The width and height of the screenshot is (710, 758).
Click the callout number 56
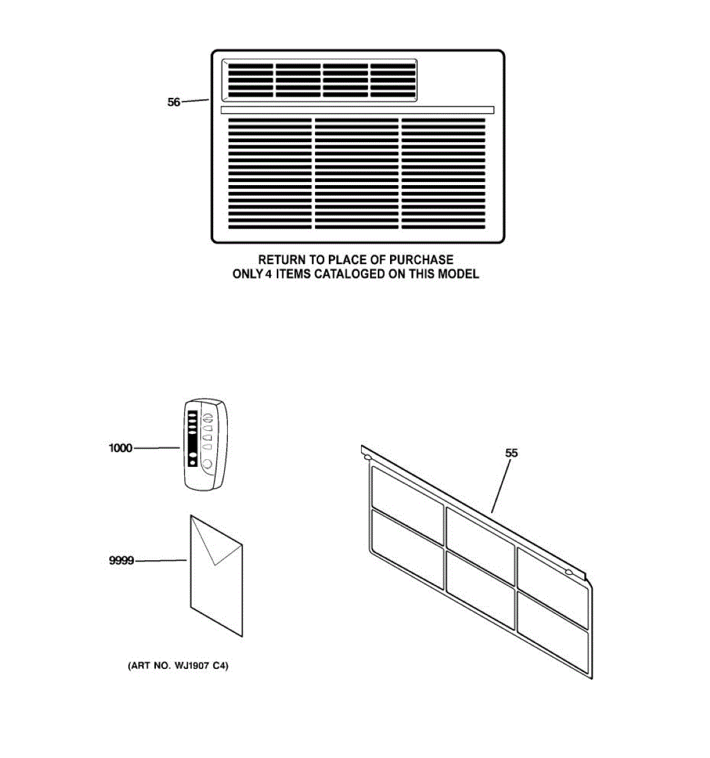click(x=174, y=102)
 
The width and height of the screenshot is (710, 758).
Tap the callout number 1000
click(x=121, y=448)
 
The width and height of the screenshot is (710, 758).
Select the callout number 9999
click(x=122, y=560)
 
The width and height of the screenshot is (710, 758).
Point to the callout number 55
click(x=511, y=453)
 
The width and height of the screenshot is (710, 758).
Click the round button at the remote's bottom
click(x=206, y=465)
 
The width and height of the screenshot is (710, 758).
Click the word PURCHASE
click(x=421, y=260)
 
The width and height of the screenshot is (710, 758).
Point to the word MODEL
click(x=459, y=274)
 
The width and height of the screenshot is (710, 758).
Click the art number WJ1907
click(x=192, y=666)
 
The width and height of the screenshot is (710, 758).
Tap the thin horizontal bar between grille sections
click(x=357, y=110)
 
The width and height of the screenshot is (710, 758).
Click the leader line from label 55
click(x=500, y=485)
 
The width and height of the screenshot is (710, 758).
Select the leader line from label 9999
click(x=162, y=560)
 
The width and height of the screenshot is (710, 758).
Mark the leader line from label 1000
click(x=157, y=448)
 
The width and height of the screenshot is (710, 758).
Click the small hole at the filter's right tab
click(x=569, y=573)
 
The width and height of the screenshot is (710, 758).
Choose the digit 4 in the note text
click(x=268, y=274)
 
